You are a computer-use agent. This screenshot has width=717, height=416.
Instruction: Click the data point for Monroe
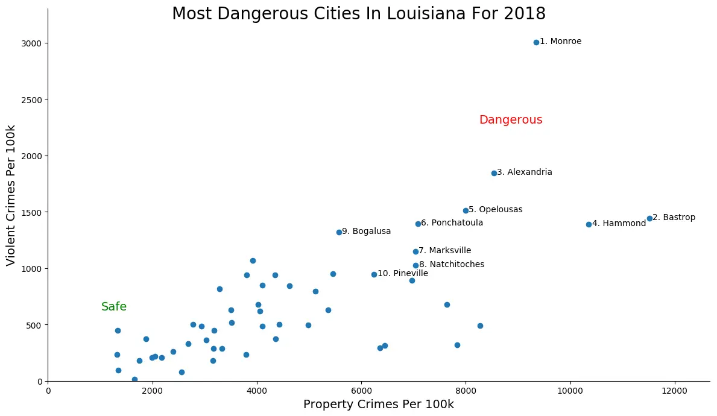536,42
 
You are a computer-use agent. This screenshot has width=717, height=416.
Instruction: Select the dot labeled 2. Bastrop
649,218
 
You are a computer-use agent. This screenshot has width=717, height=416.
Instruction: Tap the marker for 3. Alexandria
494,173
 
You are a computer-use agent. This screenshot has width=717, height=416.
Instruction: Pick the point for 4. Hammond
589,224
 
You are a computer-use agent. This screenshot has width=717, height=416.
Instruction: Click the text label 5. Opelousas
496,210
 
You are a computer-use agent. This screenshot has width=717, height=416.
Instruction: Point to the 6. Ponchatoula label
452,223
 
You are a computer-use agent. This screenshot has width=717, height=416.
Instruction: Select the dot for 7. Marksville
415,251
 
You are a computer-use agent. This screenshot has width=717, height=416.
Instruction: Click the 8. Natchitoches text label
452,265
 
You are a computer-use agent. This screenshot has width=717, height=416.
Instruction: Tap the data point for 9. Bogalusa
339,232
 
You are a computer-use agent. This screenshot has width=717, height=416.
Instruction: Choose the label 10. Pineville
402,274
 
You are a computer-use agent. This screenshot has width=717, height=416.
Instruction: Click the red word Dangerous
511,120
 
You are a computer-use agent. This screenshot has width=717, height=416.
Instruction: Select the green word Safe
114,307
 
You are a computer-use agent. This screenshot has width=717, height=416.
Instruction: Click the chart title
358,14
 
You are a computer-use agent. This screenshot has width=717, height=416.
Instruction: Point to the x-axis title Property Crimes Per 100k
378,405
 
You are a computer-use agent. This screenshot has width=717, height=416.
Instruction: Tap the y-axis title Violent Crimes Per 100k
11,195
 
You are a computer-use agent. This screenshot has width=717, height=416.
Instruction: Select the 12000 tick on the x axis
674,390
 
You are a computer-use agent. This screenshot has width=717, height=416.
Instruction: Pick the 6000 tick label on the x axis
361,390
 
